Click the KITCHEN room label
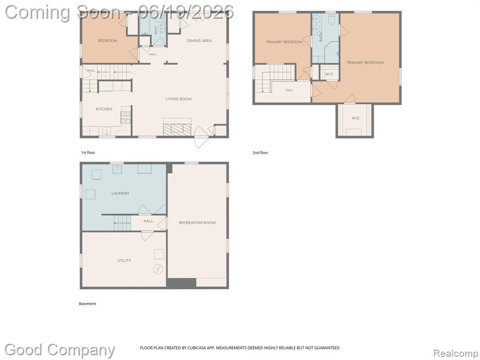(x=104, y=109)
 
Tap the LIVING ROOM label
(x=179, y=99)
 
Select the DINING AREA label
(x=199, y=40)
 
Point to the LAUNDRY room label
(x=120, y=193)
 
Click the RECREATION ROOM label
(x=197, y=223)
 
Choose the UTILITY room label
(x=124, y=261)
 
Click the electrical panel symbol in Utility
(x=158, y=269)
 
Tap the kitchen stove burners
(x=126, y=118)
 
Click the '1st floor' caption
(x=88, y=152)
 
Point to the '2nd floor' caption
(x=260, y=152)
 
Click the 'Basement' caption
(x=88, y=304)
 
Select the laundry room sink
(x=117, y=169)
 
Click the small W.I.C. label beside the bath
(x=330, y=74)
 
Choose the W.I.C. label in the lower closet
(x=356, y=118)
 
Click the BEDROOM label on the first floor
(x=107, y=40)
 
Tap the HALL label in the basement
(x=148, y=221)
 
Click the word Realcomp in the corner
(x=456, y=353)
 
